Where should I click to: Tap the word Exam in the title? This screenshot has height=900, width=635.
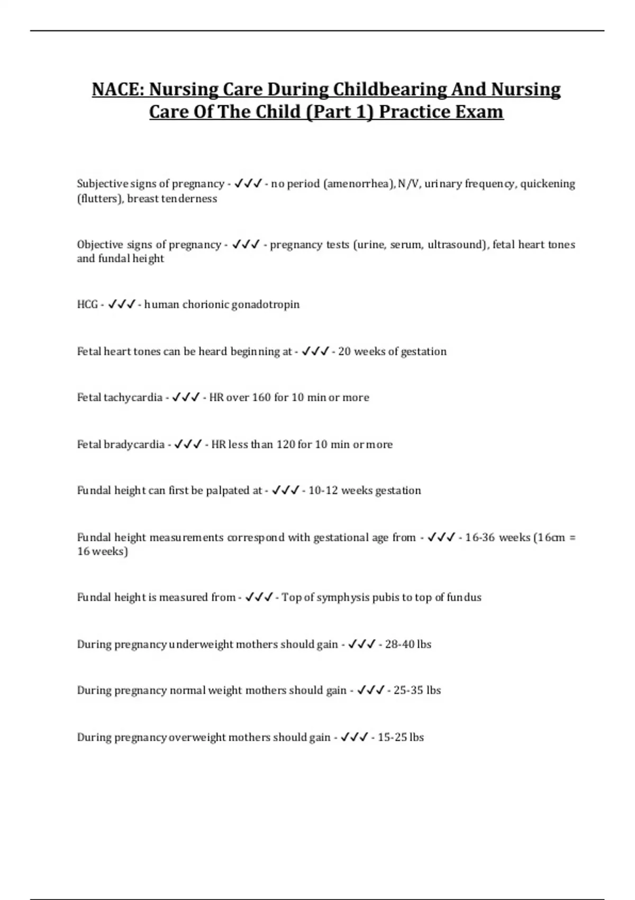coord(480,112)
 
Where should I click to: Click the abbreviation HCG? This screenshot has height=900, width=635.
coord(87,304)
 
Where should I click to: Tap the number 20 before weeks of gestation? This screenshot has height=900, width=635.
coord(344,352)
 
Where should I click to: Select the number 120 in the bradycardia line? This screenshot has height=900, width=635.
coord(286,445)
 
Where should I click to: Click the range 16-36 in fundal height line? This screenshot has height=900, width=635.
coord(480,538)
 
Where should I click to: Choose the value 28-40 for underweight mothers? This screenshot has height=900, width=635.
coord(400,644)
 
